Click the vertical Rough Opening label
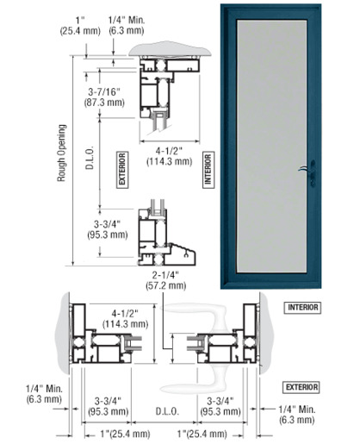click(61, 153)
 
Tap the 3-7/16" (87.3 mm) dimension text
click(104, 97)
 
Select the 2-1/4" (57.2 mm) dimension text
click(166, 280)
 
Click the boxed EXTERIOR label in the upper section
click(122, 170)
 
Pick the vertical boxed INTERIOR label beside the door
click(208, 170)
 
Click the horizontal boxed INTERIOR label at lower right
click(302, 308)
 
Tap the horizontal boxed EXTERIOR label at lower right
click(301, 387)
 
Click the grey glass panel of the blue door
click(271, 146)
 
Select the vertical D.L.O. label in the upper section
click(90, 158)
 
